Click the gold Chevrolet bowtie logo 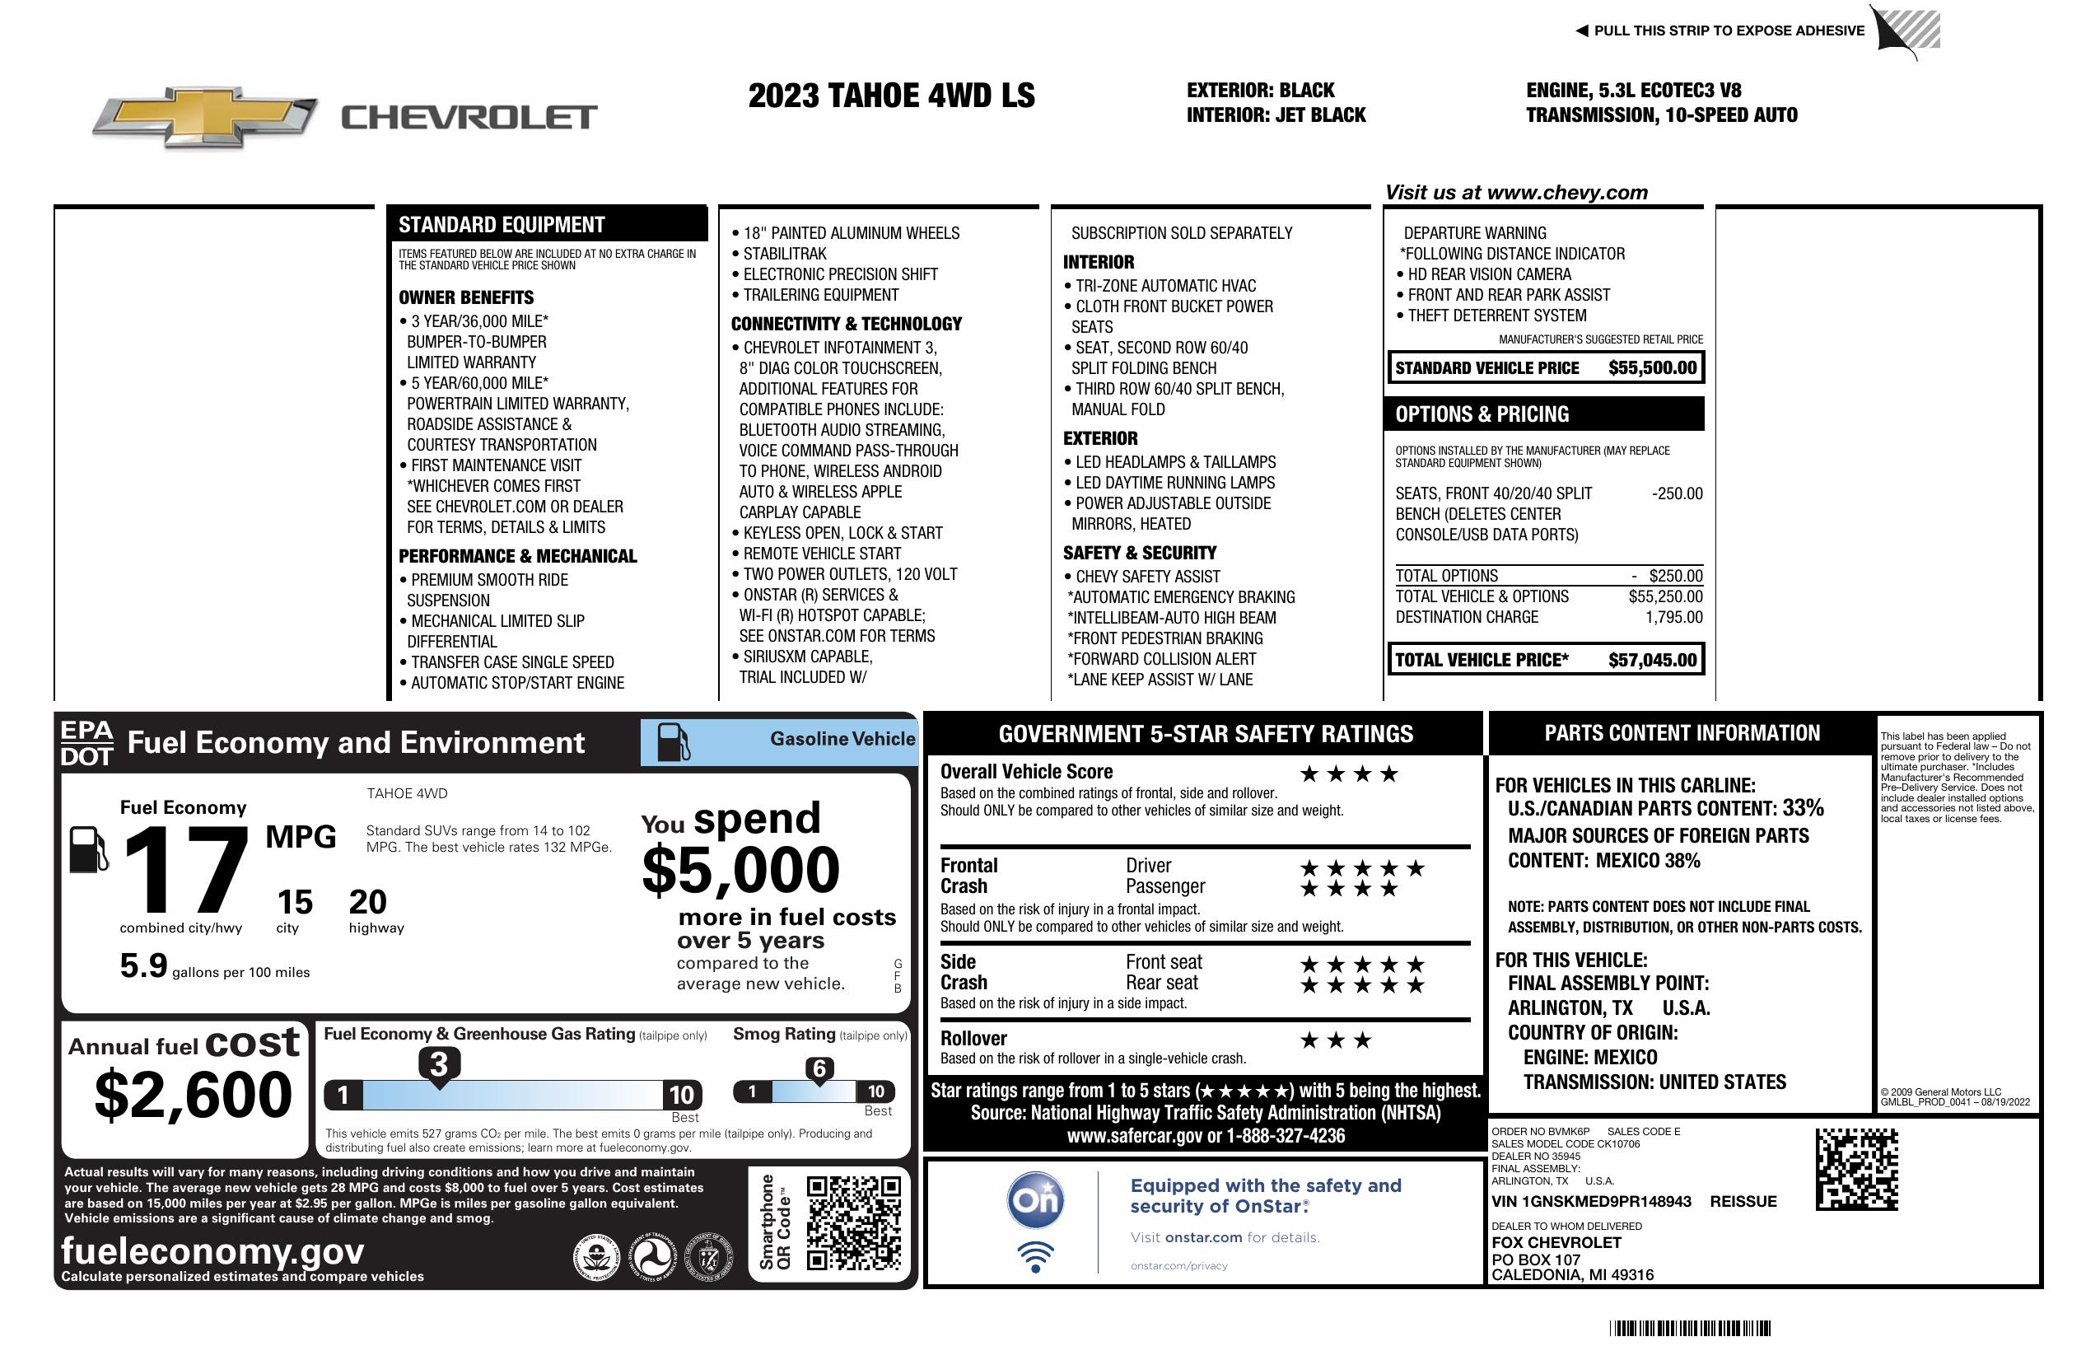(x=205, y=116)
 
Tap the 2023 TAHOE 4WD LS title (x=891, y=96)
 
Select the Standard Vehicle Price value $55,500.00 (x=1652, y=368)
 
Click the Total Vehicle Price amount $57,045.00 (x=1652, y=660)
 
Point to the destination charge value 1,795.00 (x=1673, y=618)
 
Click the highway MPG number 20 (x=367, y=902)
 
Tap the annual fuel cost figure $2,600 (x=193, y=1095)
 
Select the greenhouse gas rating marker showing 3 (x=438, y=1065)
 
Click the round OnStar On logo (x=1035, y=1200)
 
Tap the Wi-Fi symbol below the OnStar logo (x=1035, y=1256)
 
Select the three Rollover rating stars (x=1336, y=1040)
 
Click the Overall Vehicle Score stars (x=1349, y=775)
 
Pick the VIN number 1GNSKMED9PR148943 (x=1591, y=1202)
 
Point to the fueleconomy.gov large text (x=212, y=1251)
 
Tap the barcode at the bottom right (x=1689, y=1328)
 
